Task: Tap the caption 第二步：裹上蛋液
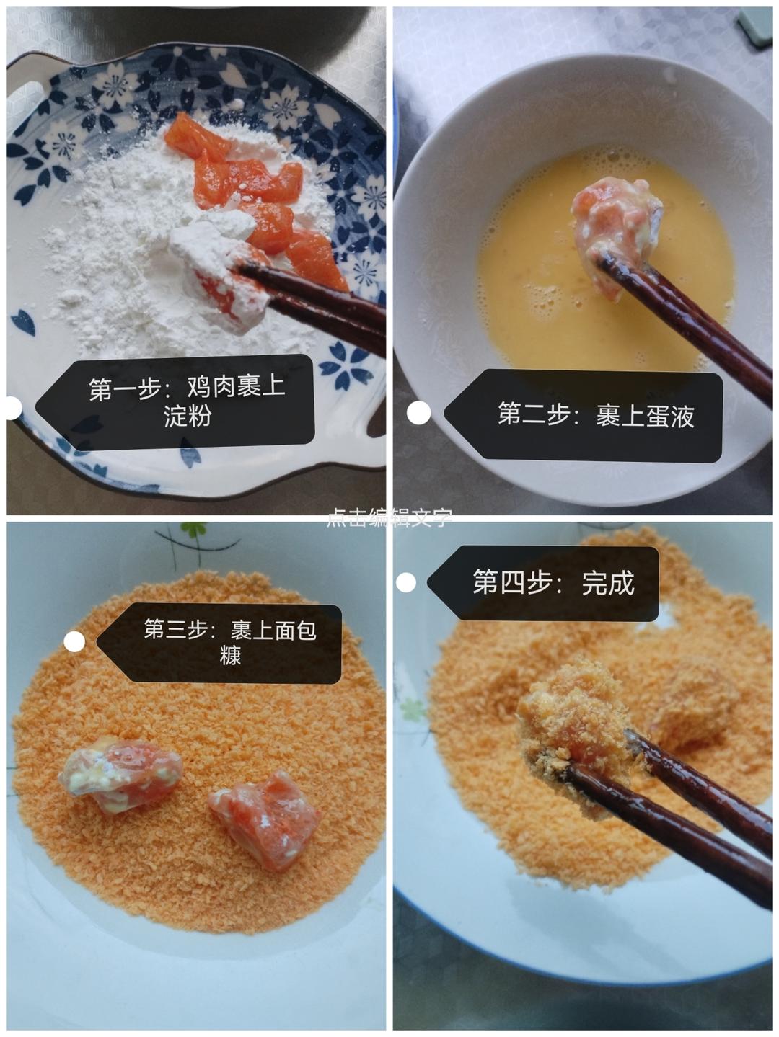[595, 416]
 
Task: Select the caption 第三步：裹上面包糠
[229, 642]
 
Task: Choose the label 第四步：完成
[553, 583]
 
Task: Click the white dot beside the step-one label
[12, 408]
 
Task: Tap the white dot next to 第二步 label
[418, 413]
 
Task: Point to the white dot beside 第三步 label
[74, 641]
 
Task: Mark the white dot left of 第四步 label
[406, 582]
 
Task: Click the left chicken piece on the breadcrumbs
[121, 775]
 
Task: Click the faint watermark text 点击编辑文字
[389, 517]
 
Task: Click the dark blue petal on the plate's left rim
[23, 322]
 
